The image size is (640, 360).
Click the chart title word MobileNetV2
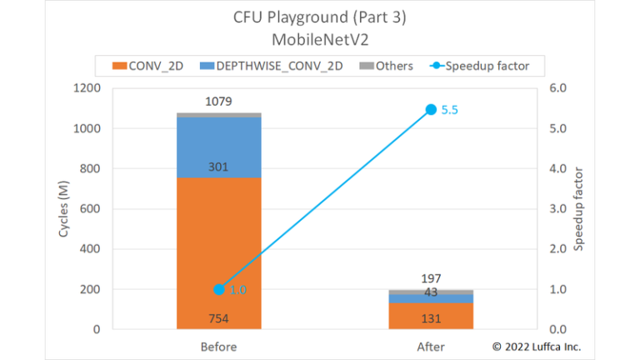click(x=320, y=39)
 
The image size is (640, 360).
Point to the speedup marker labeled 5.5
click(x=431, y=109)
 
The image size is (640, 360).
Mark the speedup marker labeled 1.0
click(x=218, y=289)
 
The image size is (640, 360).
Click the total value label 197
click(x=431, y=278)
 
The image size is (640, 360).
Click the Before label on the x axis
click(x=218, y=347)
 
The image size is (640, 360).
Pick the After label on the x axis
click(x=431, y=347)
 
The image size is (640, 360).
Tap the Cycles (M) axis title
click(x=63, y=208)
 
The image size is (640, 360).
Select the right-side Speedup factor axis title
click(x=579, y=208)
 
